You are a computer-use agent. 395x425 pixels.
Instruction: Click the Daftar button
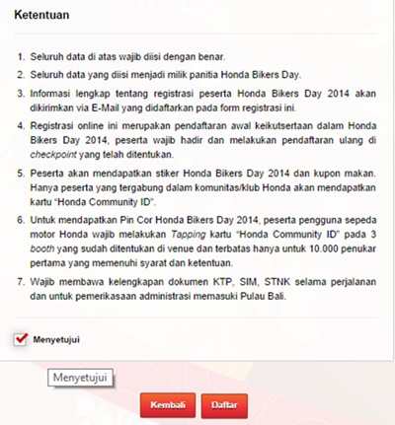tap(223, 404)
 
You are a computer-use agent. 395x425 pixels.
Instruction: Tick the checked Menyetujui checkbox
tap(21, 339)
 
